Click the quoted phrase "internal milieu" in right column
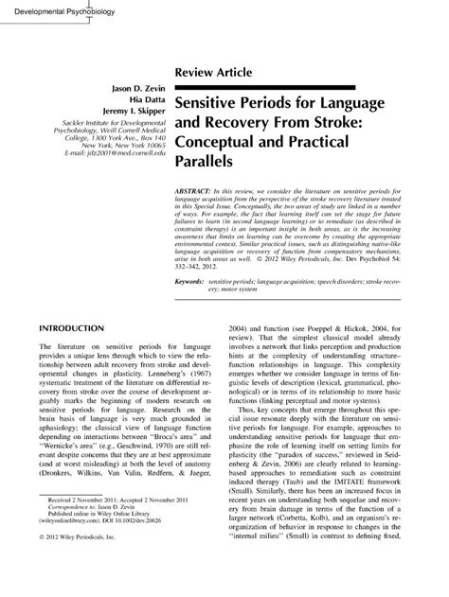284,560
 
